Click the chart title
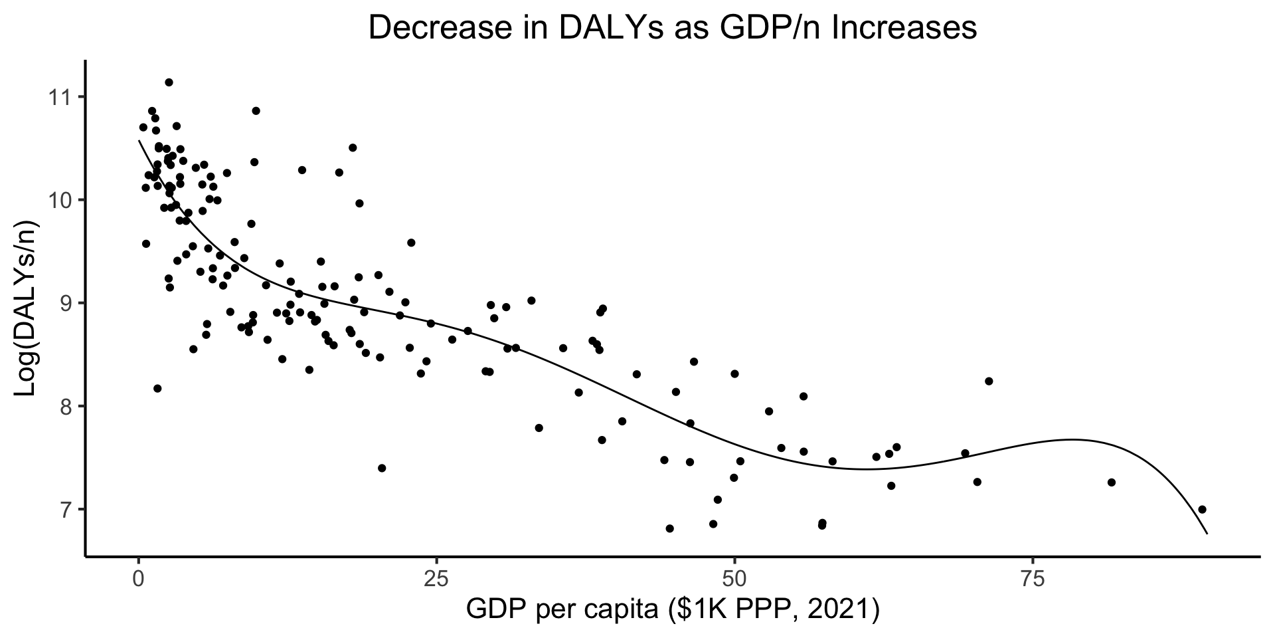[672, 29]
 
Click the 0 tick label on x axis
[138, 580]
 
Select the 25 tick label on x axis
[436, 580]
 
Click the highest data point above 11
[169, 82]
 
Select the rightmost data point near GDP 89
[1202, 509]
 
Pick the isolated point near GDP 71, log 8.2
[989, 381]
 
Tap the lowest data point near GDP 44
[669, 528]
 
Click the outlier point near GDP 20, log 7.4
[382, 468]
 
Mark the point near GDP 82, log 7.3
[1112, 482]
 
